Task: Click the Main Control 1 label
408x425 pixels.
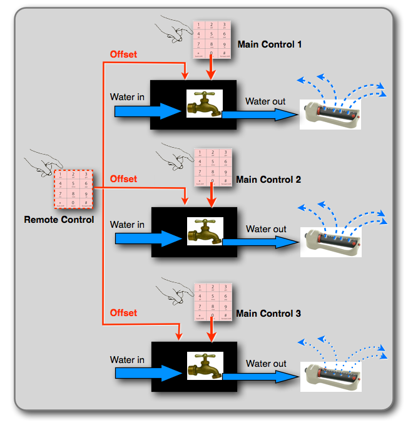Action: click(x=270, y=45)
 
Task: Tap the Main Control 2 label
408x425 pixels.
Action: click(x=268, y=180)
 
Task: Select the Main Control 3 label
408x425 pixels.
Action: click(x=268, y=313)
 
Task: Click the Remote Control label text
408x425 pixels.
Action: click(x=59, y=220)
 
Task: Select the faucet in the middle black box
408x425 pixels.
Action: click(x=205, y=231)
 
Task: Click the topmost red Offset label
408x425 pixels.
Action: click(x=123, y=54)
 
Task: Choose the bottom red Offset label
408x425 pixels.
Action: click(x=123, y=313)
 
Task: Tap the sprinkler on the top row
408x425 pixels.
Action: click(x=330, y=115)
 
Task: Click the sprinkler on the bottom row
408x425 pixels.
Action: click(x=331, y=376)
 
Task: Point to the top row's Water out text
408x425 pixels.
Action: click(x=266, y=101)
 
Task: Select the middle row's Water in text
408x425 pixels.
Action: click(x=127, y=225)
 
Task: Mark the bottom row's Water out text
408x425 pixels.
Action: click(x=266, y=364)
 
